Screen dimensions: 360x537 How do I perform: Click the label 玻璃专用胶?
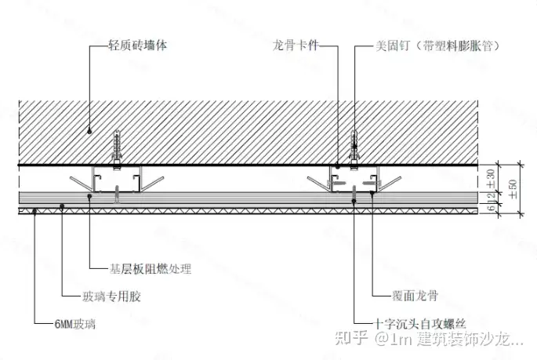click(111, 296)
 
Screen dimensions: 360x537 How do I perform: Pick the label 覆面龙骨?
click(415, 296)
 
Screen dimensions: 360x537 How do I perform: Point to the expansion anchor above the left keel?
click(118, 146)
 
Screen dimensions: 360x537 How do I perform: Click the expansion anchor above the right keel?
click(353, 146)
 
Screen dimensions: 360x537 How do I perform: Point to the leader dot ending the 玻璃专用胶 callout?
click(62, 205)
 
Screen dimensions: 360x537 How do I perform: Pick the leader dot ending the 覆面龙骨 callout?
click(372, 191)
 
